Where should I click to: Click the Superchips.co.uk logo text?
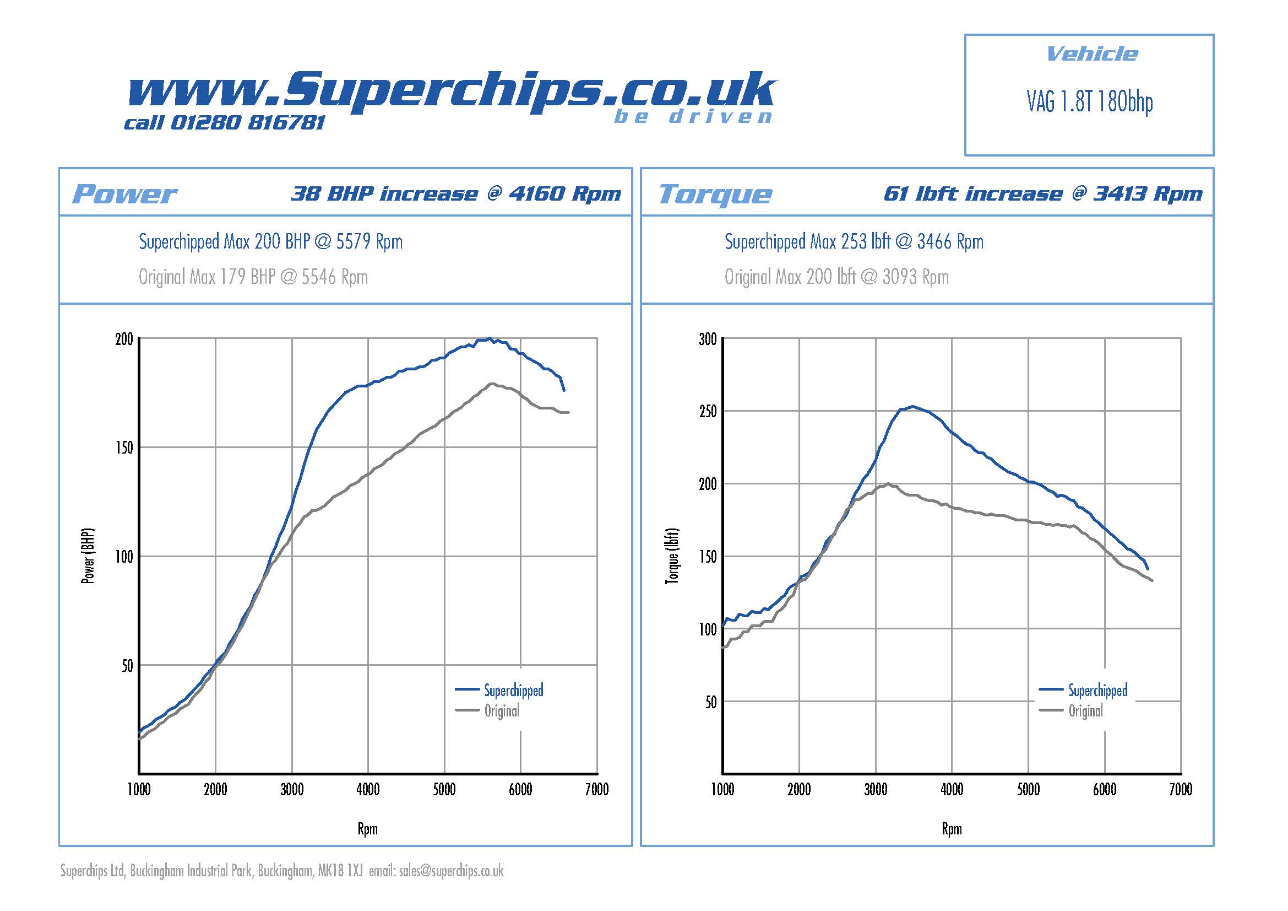(x=452, y=90)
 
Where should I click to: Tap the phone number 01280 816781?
(x=247, y=122)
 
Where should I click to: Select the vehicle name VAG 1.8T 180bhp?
(x=1089, y=102)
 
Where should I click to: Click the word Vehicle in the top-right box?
(x=1091, y=54)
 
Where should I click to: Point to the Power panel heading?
(x=124, y=194)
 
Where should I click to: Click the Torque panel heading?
(x=715, y=194)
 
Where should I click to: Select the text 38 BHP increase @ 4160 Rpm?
(x=455, y=193)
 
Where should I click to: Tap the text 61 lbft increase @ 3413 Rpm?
(x=1043, y=193)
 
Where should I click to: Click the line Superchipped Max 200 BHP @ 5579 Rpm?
(x=270, y=242)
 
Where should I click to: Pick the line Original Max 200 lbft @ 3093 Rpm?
(x=836, y=277)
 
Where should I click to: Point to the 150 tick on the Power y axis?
(x=124, y=448)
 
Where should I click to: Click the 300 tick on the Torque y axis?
(x=708, y=339)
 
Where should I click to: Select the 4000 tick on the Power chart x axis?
(x=368, y=790)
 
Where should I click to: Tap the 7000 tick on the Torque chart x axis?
(x=1180, y=790)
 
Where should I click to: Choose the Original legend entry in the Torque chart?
(x=1085, y=711)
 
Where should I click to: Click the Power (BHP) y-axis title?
(x=88, y=556)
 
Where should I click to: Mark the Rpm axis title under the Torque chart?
(x=952, y=829)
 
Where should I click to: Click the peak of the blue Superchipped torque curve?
(x=912, y=406)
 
